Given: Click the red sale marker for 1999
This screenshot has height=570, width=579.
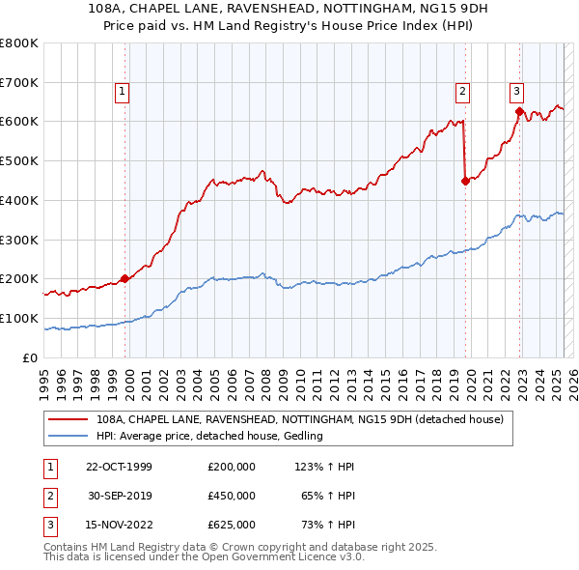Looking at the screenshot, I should click(125, 278).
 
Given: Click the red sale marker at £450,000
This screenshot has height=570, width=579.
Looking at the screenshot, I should click(465, 180).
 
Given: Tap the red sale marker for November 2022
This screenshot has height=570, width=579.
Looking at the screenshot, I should click(518, 111).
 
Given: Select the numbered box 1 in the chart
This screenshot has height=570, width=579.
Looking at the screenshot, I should click(124, 92).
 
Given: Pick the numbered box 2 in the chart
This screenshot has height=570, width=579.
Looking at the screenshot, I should click(463, 92).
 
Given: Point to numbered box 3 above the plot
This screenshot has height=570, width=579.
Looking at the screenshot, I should click(516, 92).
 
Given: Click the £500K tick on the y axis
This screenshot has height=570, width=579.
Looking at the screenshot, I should click(19, 160).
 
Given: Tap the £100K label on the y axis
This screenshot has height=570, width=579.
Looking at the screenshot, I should click(19, 318).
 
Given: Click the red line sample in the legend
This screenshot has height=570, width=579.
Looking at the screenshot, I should click(69, 420).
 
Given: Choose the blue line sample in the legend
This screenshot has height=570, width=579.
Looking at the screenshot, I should click(69, 436).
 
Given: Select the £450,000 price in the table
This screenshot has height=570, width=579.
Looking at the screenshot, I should click(232, 496).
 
